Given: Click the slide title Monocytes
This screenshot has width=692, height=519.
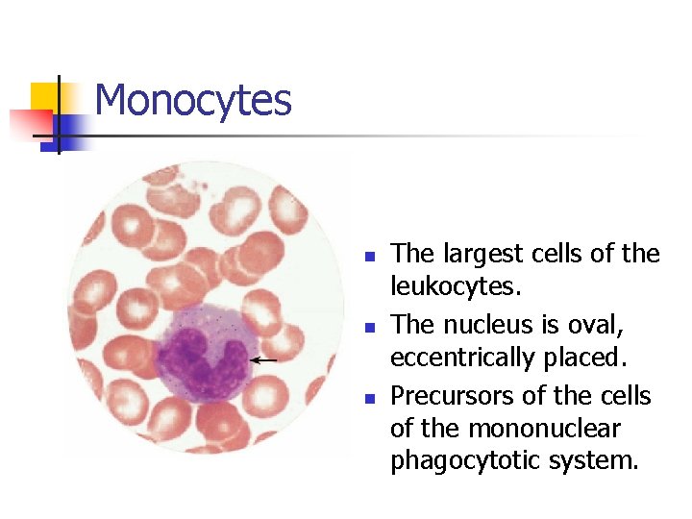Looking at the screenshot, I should [193, 100].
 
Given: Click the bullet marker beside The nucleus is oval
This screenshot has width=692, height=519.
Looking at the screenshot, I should [367, 328].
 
